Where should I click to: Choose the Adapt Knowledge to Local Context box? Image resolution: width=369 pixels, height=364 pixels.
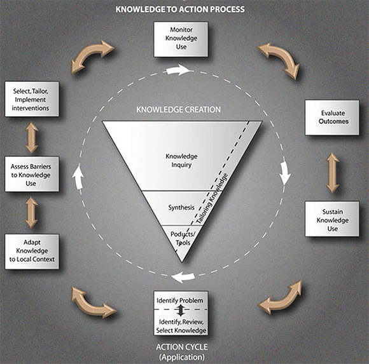(x=32, y=251)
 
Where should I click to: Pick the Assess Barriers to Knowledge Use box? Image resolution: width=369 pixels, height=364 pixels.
(x=32, y=173)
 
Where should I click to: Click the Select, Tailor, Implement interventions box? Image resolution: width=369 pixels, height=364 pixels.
(x=32, y=98)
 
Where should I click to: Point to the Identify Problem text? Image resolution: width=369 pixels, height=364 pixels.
(x=181, y=299)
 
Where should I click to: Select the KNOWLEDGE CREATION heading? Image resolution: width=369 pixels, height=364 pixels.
(x=179, y=109)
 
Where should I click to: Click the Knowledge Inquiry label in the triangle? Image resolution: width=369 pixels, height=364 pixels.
(x=181, y=160)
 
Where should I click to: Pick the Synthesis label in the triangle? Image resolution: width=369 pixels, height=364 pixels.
(x=181, y=207)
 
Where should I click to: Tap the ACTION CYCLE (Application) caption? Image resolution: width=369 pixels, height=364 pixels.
(x=182, y=351)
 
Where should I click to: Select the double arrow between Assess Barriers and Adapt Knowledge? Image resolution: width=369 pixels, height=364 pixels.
(x=31, y=212)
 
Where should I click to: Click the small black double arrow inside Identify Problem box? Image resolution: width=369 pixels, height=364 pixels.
(x=181, y=310)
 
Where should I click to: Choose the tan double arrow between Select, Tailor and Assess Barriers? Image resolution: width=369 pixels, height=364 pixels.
(x=31, y=137)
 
